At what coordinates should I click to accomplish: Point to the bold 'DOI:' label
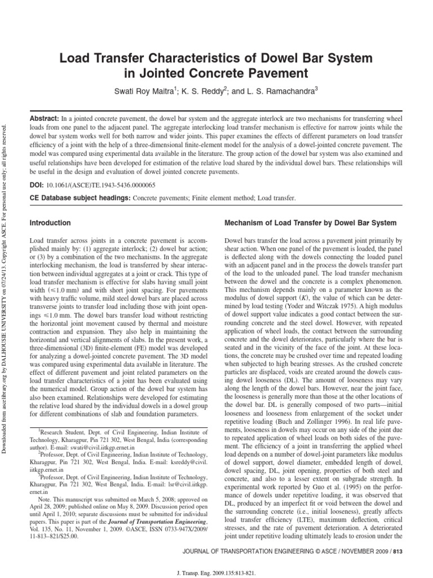click(x=37, y=185)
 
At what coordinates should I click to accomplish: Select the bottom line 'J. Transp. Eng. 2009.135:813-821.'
click(x=217, y=568)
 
